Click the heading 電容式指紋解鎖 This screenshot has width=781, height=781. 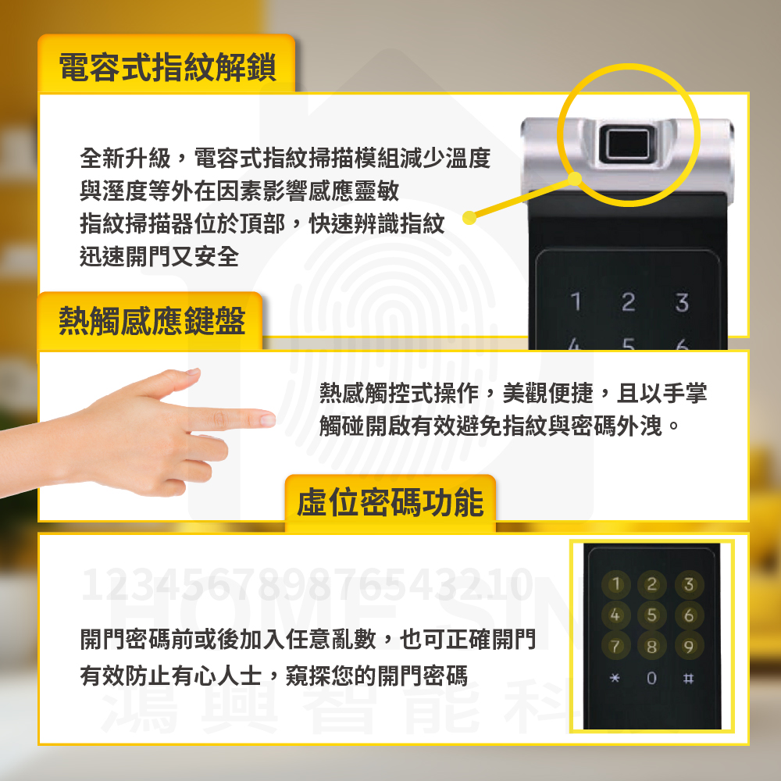coord(167,66)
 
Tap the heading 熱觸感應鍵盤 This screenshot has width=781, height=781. coord(152,321)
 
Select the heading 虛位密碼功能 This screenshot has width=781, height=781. coord(390,502)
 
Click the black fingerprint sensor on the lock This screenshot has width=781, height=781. coord(627,144)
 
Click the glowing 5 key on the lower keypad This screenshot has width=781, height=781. coord(651,615)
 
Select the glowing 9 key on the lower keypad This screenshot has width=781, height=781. coord(688,647)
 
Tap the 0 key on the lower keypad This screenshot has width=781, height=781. coord(651,678)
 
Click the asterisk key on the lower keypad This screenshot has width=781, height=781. coord(615,678)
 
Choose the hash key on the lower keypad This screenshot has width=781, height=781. coord(688,678)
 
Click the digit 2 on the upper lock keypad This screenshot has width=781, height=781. coord(628,301)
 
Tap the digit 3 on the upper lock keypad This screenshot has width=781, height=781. coord(682,302)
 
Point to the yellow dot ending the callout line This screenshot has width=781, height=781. coord(469,218)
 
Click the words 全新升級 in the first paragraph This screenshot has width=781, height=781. coord(125,159)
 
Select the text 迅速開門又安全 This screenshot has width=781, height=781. coord(159,257)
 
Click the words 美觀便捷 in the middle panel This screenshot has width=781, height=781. coord(548,394)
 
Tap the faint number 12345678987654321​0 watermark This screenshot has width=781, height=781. coord(307,583)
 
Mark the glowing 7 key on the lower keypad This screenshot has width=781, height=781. coord(615,647)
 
